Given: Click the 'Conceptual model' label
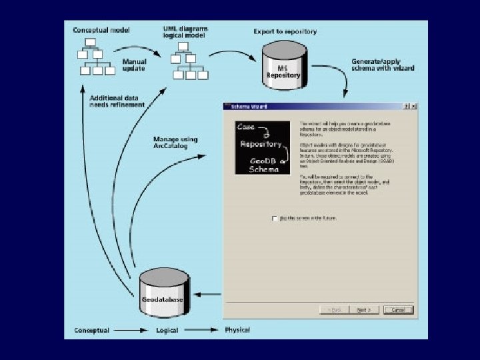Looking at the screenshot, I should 101,31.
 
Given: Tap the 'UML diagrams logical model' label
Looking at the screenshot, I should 186,33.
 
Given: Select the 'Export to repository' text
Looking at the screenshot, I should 285,31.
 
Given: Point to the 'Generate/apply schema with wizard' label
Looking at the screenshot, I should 383,64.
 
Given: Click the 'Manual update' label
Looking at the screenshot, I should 134,65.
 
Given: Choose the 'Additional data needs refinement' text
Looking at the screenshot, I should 117,101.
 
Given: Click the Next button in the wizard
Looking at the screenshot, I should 363,310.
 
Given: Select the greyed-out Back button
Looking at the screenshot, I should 335,310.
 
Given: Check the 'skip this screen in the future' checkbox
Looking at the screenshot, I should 274,218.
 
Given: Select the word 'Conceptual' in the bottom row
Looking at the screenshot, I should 91,330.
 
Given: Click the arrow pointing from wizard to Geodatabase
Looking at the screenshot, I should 211,295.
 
